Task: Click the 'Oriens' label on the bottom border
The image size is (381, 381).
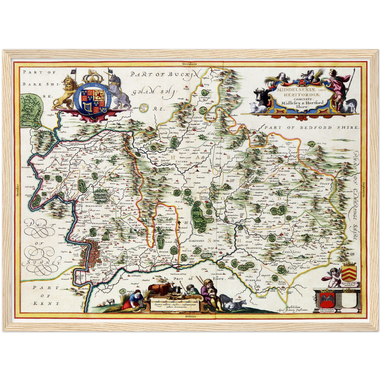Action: (x=190, y=316)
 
